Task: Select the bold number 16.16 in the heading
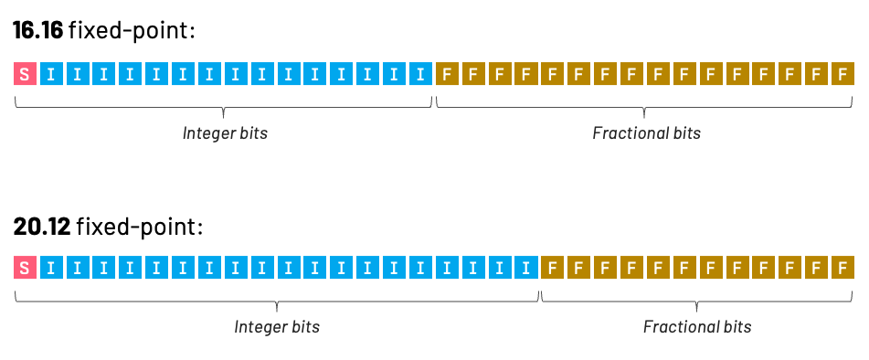(38, 31)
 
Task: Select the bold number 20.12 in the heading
(42, 226)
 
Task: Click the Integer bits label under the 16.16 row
(225, 133)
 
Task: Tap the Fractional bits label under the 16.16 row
(646, 133)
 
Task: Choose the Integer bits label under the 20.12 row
(277, 327)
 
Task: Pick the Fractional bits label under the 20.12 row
(697, 327)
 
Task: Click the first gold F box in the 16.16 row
(447, 74)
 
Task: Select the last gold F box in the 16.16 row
(843, 74)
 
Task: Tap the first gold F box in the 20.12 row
(552, 268)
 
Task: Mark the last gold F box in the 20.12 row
(843, 268)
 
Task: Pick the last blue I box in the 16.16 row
(420, 74)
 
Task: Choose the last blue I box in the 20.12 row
(525, 268)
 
